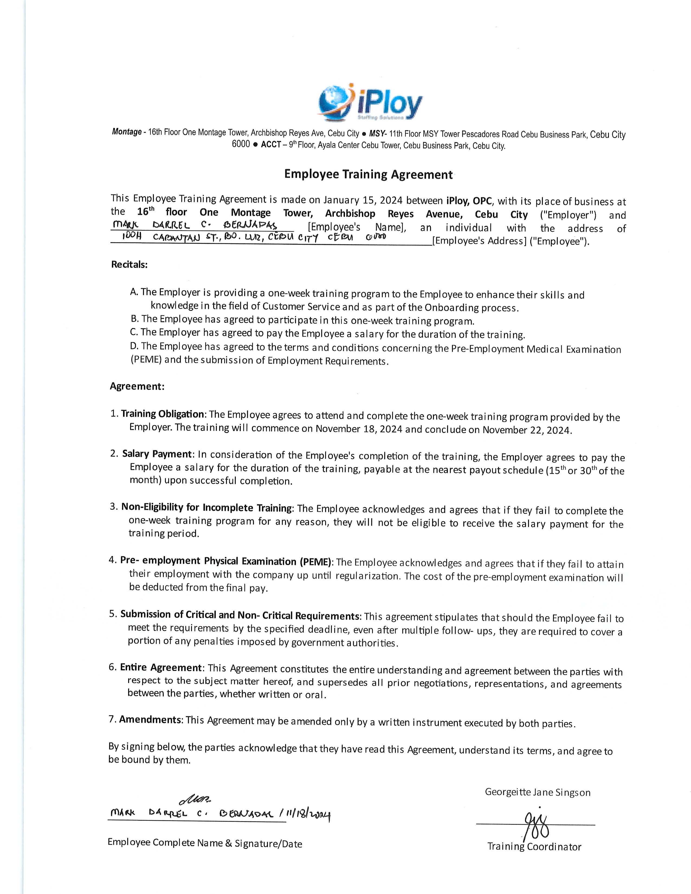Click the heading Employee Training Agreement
pyautogui.click(x=369, y=174)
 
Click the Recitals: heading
pyautogui.click(x=129, y=264)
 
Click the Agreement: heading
pyautogui.click(x=137, y=386)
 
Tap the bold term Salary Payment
pyautogui.click(x=157, y=454)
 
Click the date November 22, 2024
pyautogui.click(x=526, y=430)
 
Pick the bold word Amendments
pyautogui.click(x=150, y=720)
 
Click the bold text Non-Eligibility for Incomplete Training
pyautogui.click(x=207, y=508)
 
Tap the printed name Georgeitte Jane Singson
pyautogui.click(x=538, y=792)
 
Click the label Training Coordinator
pyautogui.click(x=534, y=847)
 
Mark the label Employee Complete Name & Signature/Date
pyautogui.click(x=205, y=843)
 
